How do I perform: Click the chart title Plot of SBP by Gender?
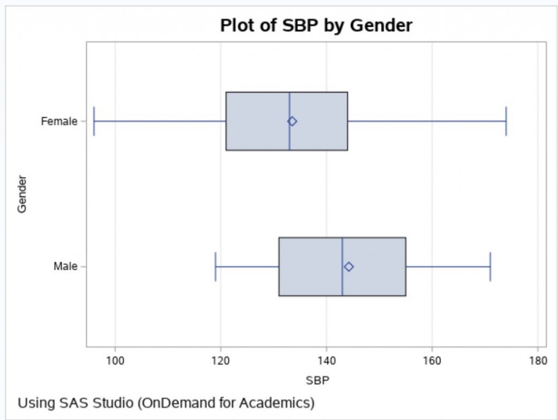316,25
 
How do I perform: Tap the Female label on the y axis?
59,121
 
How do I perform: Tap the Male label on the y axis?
65,266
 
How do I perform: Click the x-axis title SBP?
318,380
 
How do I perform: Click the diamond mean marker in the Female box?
292,121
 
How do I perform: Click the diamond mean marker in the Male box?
349,266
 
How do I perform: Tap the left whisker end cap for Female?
94,121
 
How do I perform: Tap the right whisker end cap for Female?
506,121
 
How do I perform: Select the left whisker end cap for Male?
216,266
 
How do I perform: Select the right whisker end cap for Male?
490,266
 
